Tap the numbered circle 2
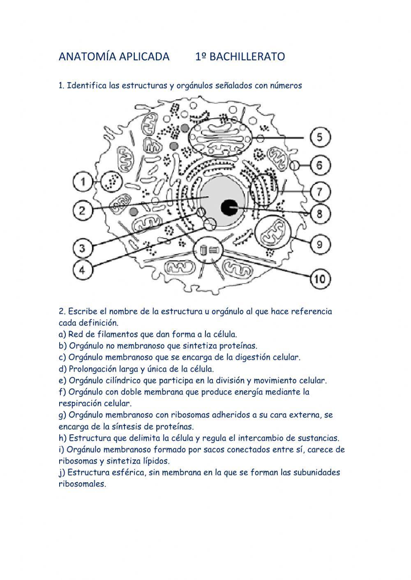(x=83, y=211)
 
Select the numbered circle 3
(x=83, y=248)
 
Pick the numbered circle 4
(x=83, y=270)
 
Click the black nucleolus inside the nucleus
(x=229, y=208)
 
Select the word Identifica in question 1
(x=87, y=86)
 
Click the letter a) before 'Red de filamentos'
(x=62, y=334)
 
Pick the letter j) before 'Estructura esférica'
(x=62, y=472)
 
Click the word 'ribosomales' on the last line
(x=82, y=484)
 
